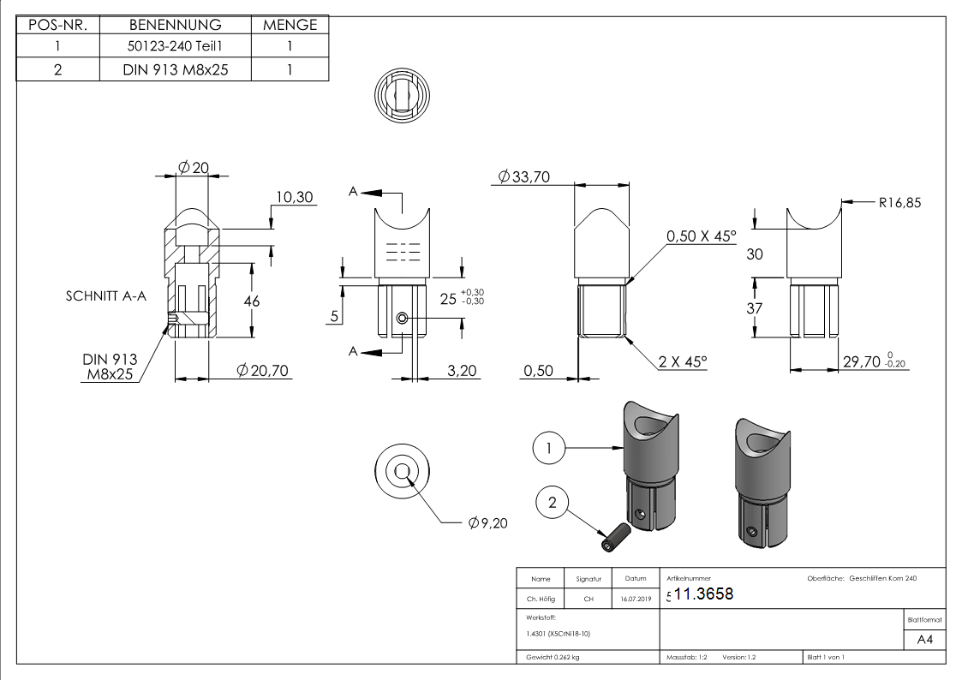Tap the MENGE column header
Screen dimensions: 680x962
coord(290,25)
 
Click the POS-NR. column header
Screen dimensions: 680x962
coord(57,25)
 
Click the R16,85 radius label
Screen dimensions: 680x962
coord(899,203)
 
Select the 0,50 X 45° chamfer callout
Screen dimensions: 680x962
coord(702,236)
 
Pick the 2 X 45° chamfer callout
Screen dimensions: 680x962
coord(683,362)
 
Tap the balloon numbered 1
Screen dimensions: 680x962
coord(552,447)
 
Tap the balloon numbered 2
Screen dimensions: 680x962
coord(553,503)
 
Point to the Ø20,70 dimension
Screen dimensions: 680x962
coord(262,370)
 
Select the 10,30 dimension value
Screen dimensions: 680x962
coord(294,198)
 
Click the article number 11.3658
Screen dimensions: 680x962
coord(704,594)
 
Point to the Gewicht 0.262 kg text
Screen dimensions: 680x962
coord(549,658)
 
